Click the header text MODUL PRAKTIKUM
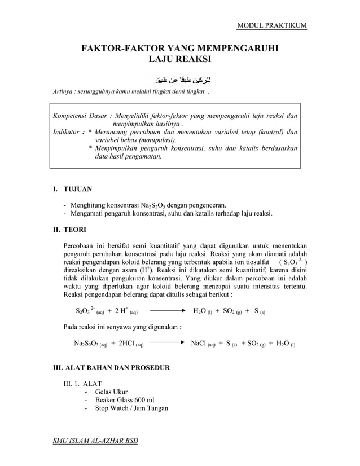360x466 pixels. pos(272,26)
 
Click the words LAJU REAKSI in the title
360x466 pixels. pos(179,59)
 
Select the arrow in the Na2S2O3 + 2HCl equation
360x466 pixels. pos(167,342)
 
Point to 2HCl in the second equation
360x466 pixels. pos(130,343)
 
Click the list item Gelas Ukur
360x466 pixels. pos(111,392)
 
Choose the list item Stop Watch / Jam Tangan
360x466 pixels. pos(131,408)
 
